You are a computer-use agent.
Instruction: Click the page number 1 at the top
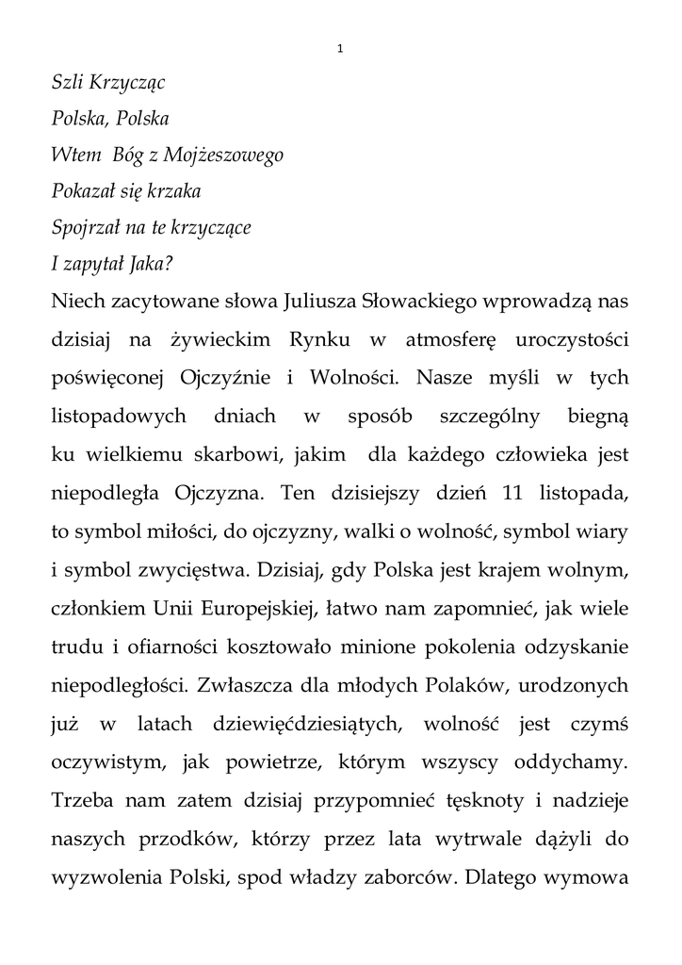339,49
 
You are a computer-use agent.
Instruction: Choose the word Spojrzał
83,229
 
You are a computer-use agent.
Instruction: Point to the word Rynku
275,340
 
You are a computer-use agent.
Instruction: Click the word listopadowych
118,415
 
